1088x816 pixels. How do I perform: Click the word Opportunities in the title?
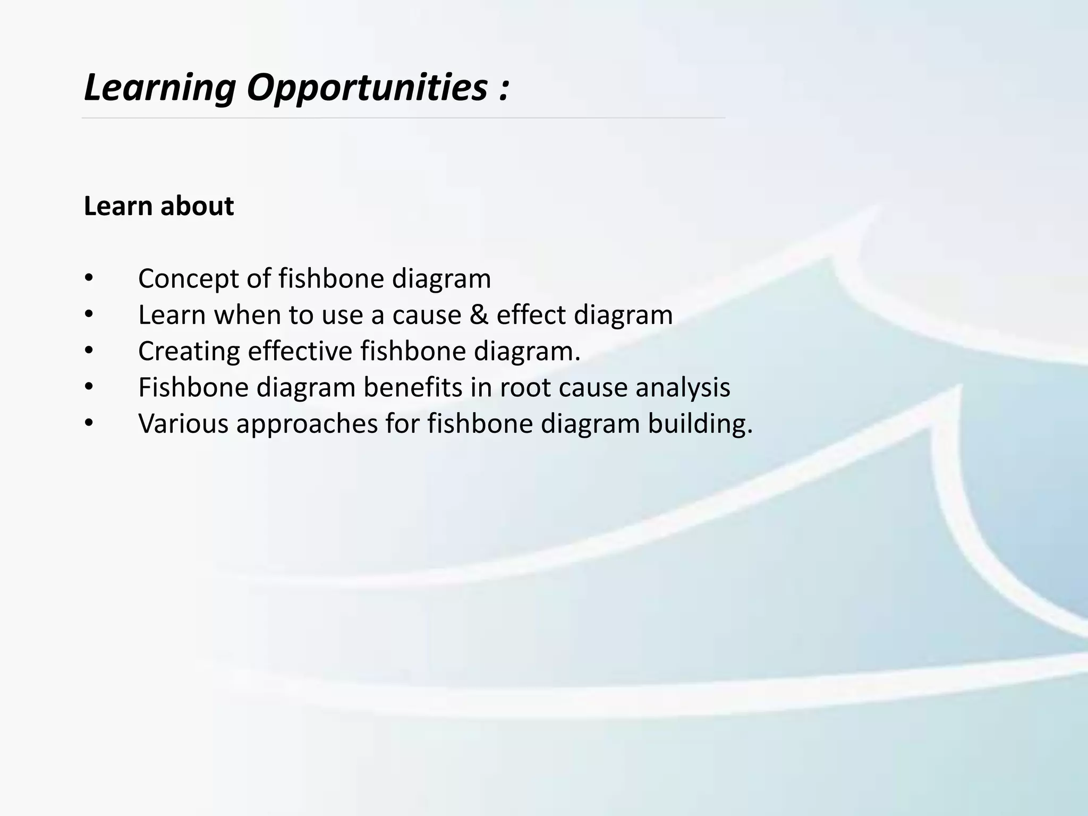click(x=367, y=88)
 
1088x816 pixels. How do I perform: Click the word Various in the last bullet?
click(x=183, y=424)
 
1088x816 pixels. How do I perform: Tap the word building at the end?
click(x=700, y=424)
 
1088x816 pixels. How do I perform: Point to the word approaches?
click(x=307, y=424)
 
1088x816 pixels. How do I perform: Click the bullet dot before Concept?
click(x=89, y=278)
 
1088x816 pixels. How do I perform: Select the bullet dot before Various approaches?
click(x=89, y=423)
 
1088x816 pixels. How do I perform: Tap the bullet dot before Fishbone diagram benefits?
click(x=89, y=387)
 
